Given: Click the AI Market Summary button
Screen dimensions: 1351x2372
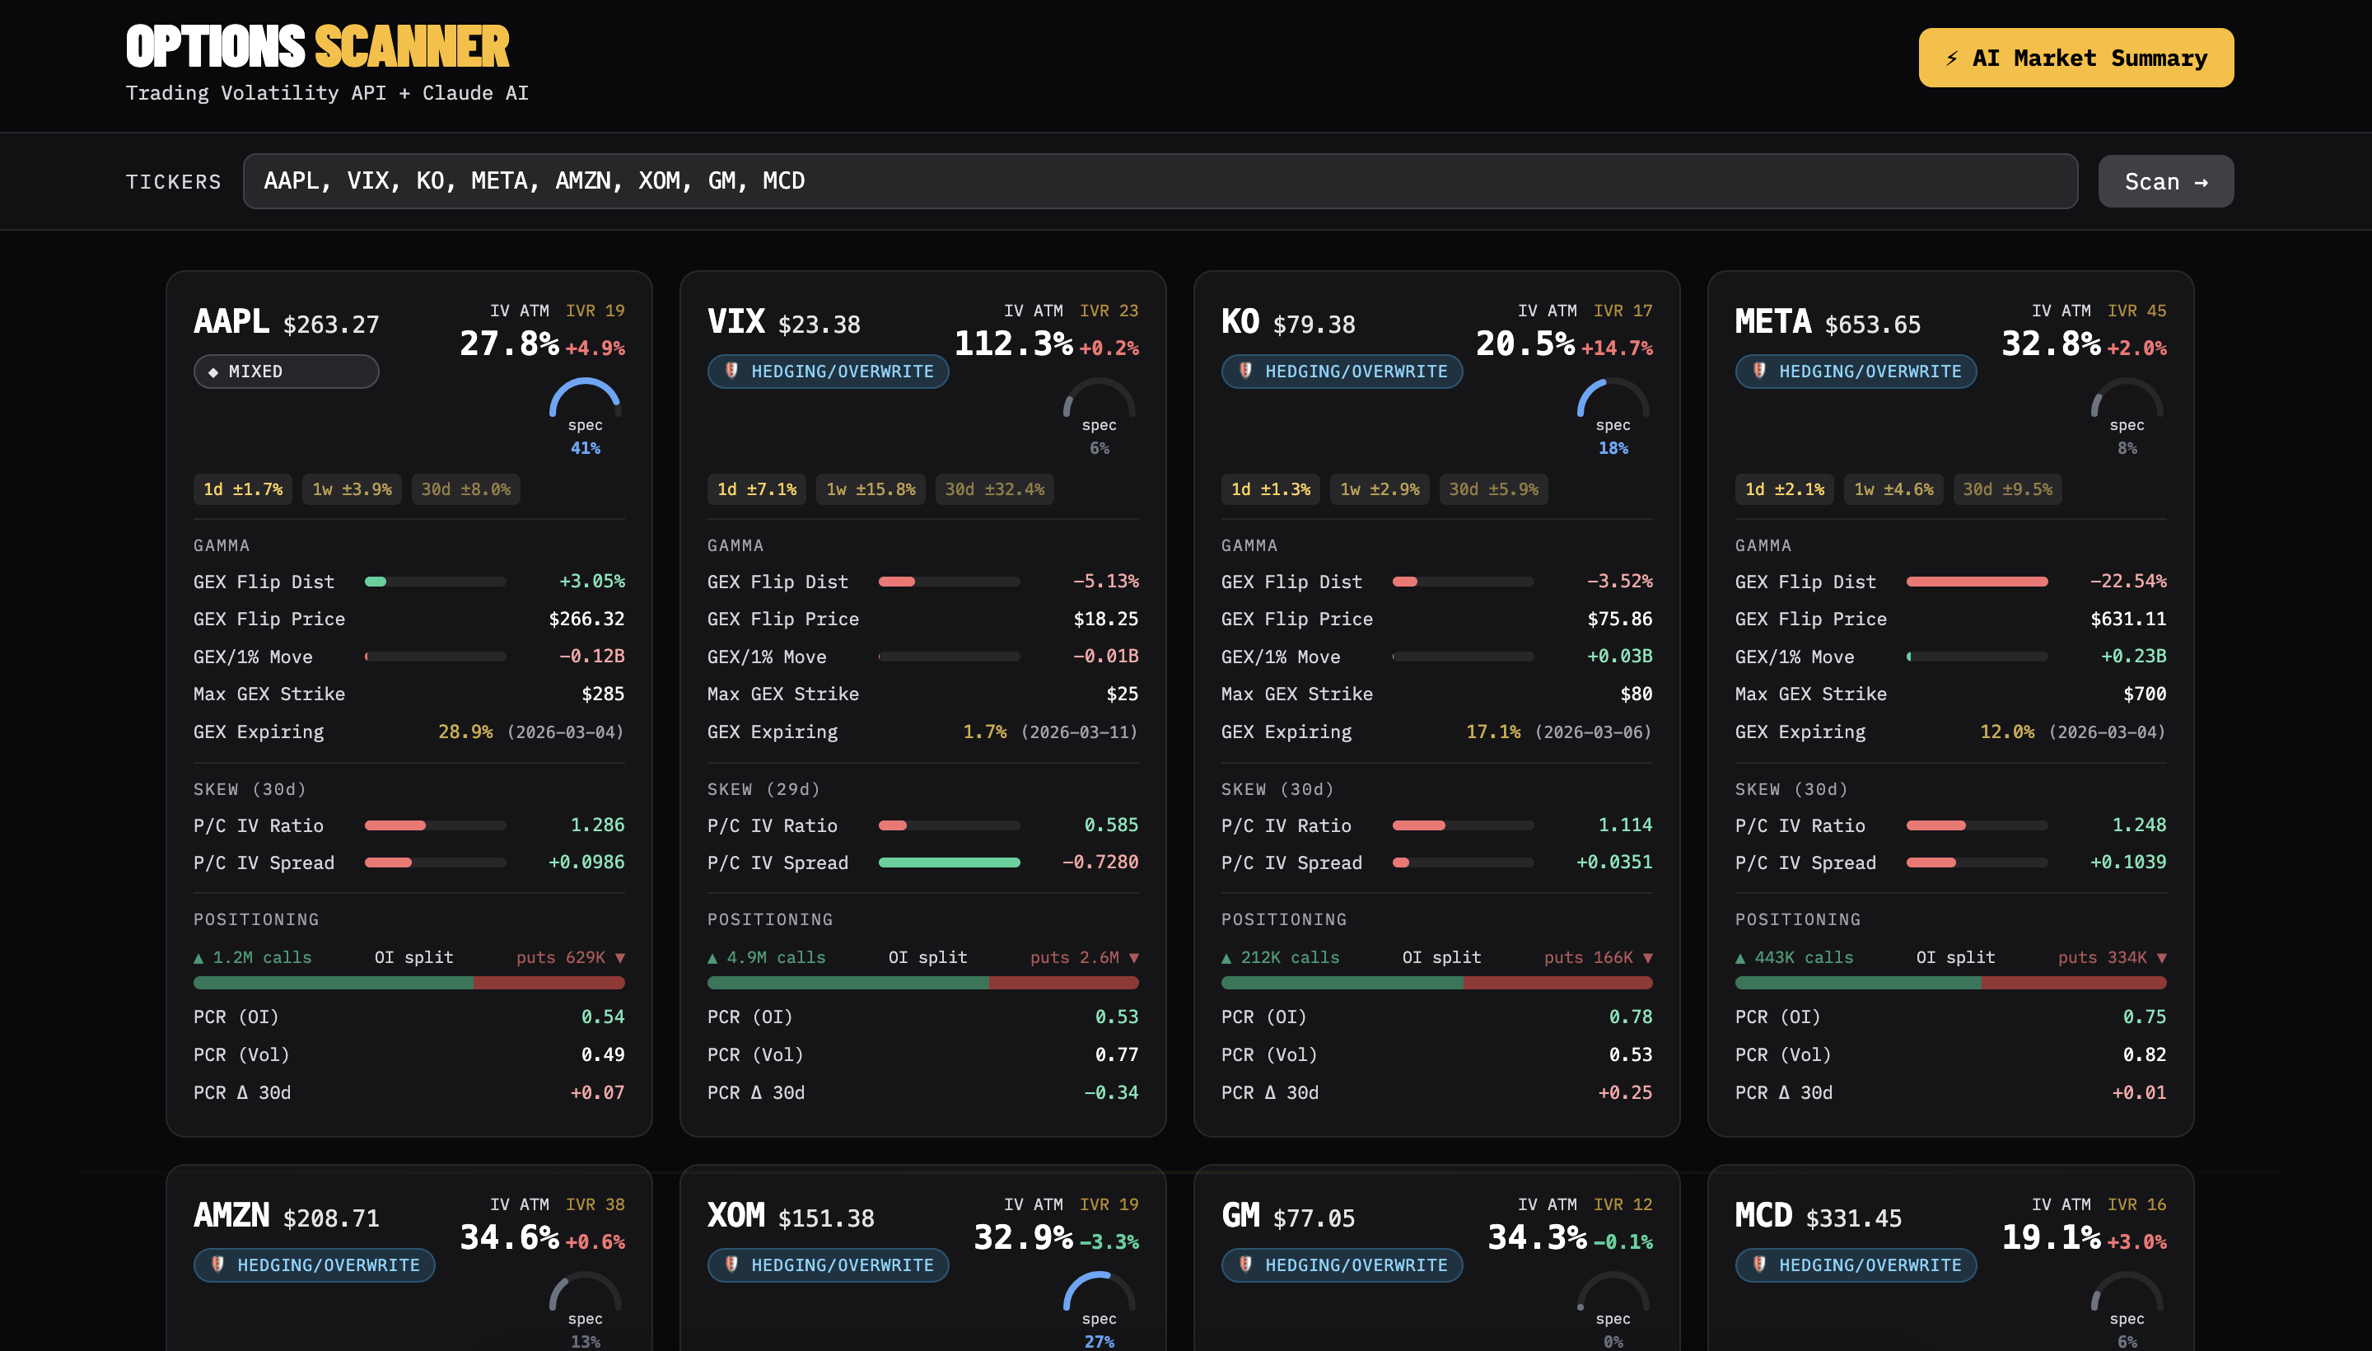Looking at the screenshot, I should (2075, 58).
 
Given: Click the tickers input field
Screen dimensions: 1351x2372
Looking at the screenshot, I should (1160, 181).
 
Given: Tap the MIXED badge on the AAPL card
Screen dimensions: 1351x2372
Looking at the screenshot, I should (286, 372).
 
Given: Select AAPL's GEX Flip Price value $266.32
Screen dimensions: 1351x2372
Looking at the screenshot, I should (586, 619).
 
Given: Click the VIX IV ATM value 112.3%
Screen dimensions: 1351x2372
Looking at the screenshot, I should (1013, 344).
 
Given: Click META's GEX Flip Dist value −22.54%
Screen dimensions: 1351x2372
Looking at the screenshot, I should (2127, 581).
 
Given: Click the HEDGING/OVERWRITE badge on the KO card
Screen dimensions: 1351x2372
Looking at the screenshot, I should (1342, 372).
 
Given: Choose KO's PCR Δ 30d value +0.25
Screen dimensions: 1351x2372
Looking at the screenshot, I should (1624, 1092).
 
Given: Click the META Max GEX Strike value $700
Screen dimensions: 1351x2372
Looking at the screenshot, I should (2144, 694).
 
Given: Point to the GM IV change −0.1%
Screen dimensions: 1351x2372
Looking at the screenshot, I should (1623, 1241).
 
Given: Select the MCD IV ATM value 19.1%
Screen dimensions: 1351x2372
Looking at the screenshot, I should (2050, 1236).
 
